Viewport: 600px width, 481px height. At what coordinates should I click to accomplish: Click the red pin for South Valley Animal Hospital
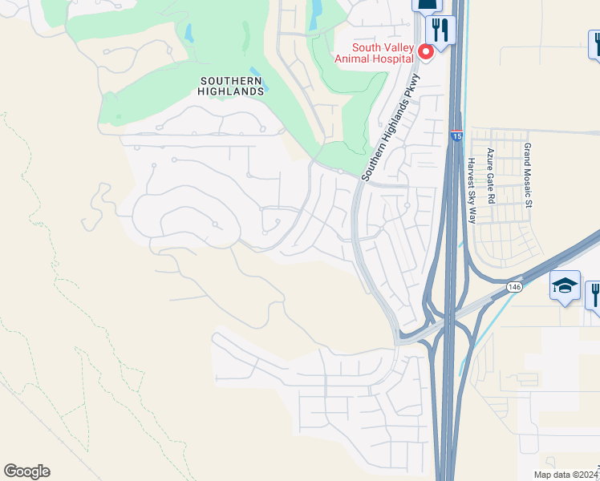tap(426, 52)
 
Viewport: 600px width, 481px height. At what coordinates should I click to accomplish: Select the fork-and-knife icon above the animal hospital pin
tap(439, 30)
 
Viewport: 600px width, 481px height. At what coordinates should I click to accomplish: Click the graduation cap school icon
tap(565, 285)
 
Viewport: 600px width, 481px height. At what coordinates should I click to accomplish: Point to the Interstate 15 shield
tap(456, 136)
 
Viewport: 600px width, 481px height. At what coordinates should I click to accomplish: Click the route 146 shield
tap(513, 286)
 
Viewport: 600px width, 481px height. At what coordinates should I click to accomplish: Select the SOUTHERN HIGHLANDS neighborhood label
tap(231, 86)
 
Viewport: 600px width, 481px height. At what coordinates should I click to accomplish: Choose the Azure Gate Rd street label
tap(490, 174)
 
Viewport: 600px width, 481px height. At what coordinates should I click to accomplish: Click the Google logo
tap(26, 471)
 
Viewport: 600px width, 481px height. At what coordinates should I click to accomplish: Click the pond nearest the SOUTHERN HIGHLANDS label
tap(254, 72)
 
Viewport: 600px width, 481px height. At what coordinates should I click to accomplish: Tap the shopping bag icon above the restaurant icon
tap(426, 4)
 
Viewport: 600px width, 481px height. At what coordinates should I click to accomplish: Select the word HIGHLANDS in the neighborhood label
tap(231, 91)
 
